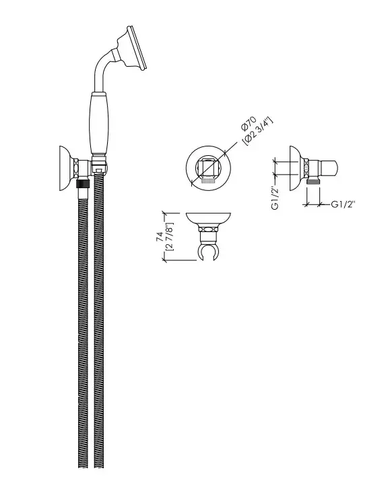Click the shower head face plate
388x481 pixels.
coord(137,49)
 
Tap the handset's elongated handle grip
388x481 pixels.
coord(100,123)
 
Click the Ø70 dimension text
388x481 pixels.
coord(249,123)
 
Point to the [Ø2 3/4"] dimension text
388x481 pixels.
coord(257,132)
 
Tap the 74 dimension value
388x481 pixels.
coord(160,237)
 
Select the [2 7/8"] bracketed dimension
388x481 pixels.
coord(169,237)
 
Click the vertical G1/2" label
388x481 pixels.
coord(275,199)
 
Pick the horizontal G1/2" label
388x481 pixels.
coord(343,204)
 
